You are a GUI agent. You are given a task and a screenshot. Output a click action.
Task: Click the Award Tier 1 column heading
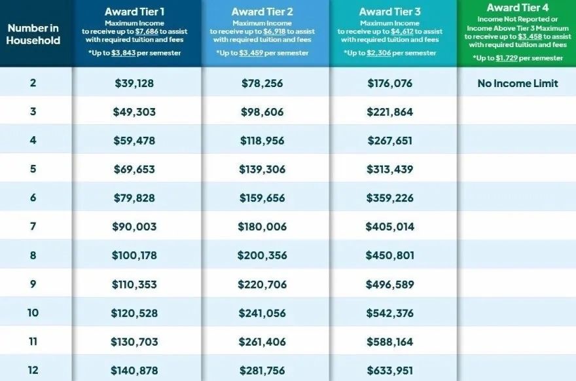pyautogui.click(x=135, y=12)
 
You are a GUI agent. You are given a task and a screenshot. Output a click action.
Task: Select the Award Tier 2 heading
pyautogui.click(x=262, y=12)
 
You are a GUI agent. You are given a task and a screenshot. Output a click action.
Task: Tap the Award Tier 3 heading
pyautogui.click(x=389, y=12)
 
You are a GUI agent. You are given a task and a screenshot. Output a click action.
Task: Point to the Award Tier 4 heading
pyautogui.click(x=518, y=7)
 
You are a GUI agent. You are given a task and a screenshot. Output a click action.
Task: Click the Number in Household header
pyautogui.click(x=33, y=34)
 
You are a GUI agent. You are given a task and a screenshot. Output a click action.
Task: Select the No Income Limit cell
pyautogui.click(x=518, y=83)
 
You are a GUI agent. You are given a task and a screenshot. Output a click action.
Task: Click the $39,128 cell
pyautogui.click(x=134, y=83)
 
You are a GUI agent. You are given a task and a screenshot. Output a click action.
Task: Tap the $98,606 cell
pyautogui.click(x=262, y=112)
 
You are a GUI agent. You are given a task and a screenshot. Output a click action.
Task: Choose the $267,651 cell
pyautogui.click(x=390, y=141)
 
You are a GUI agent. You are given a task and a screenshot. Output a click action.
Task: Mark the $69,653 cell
pyautogui.click(x=134, y=169)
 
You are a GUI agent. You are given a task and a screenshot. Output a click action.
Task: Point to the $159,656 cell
pyautogui.click(x=262, y=198)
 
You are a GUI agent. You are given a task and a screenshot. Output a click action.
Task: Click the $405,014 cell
pyautogui.click(x=390, y=227)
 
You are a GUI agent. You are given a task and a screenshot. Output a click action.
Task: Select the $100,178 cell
pyautogui.click(x=134, y=255)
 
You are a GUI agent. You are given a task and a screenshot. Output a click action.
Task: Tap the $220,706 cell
pyautogui.click(x=262, y=284)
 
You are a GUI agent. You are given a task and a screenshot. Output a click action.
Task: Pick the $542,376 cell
pyautogui.click(x=390, y=313)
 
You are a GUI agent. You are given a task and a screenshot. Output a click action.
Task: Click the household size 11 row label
pyautogui.click(x=33, y=341)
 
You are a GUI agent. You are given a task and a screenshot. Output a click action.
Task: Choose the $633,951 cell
pyautogui.click(x=390, y=371)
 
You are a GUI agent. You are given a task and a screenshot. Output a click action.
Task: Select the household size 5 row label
pyautogui.click(x=33, y=169)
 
